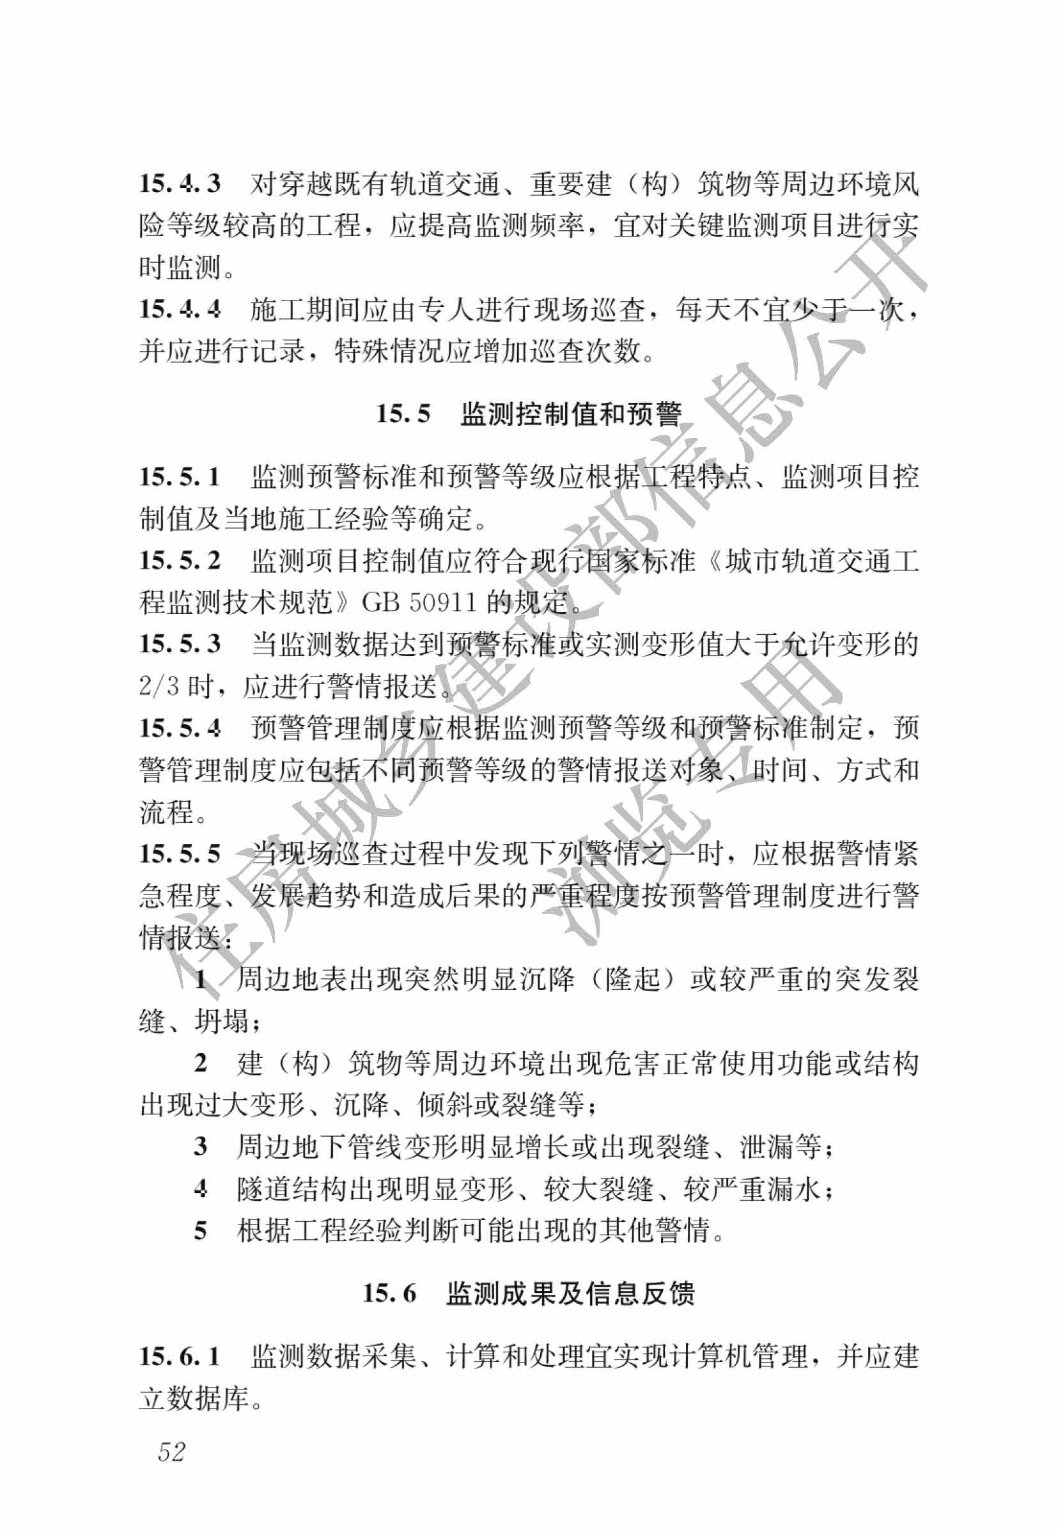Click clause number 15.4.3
pyautogui.click(x=180, y=184)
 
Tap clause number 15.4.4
pyautogui.click(x=180, y=309)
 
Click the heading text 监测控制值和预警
pyautogui.click(x=571, y=414)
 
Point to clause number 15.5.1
pyautogui.click(x=180, y=476)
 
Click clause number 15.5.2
pyautogui.click(x=180, y=561)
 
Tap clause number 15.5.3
pyautogui.click(x=180, y=645)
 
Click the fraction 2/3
pyautogui.click(x=159, y=686)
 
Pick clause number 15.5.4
pyautogui.click(x=180, y=728)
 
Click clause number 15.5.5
pyautogui.click(x=180, y=854)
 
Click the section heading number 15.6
pyautogui.click(x=390, y=1294)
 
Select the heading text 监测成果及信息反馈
pyautogui.click(x=571, y=1294)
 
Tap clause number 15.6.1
pyautogui.click(x=180, y=1356)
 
